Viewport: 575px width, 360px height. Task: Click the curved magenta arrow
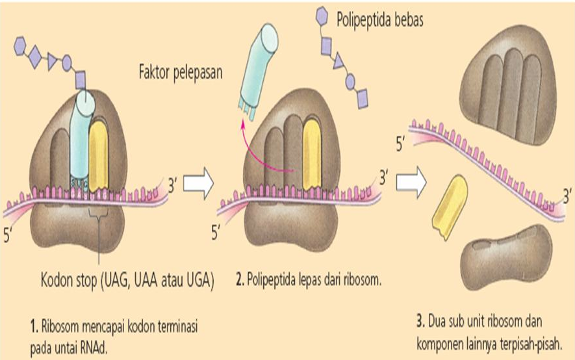coord(260,153)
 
